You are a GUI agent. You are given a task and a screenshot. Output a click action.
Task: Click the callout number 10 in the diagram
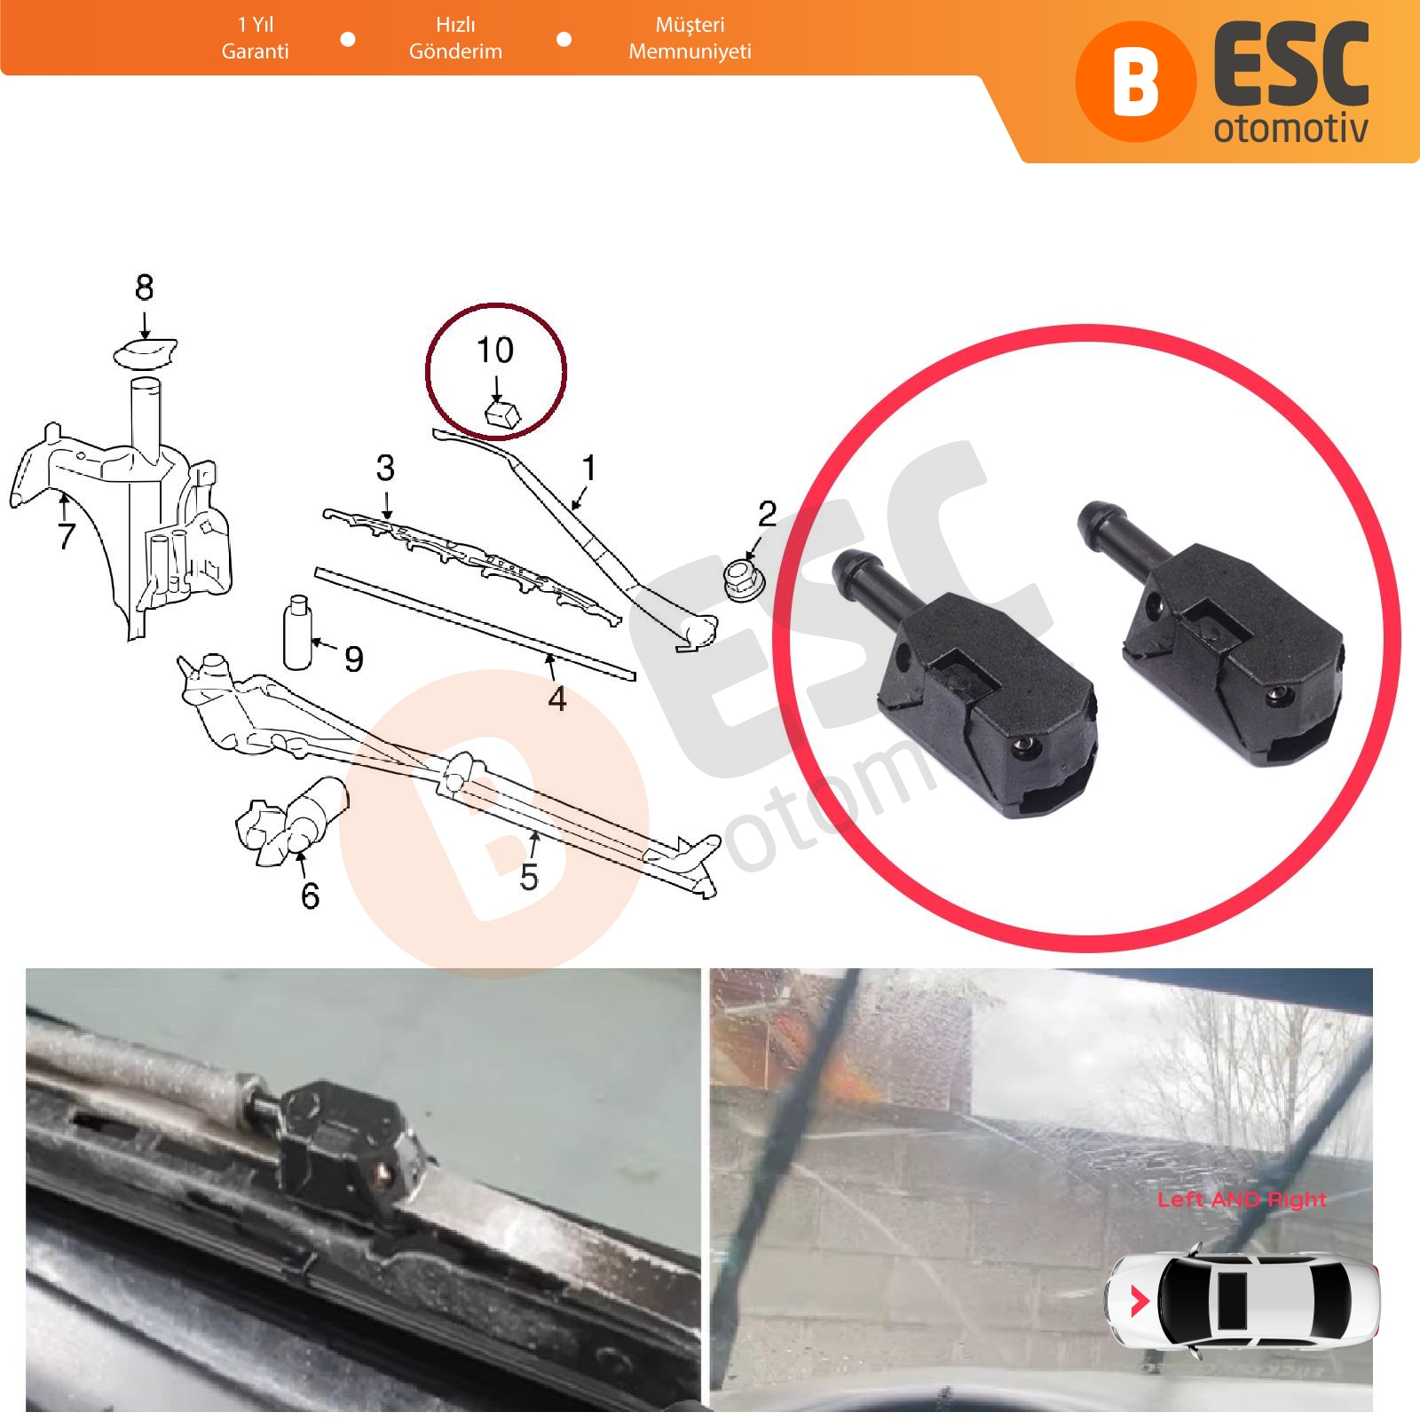pos(495,351)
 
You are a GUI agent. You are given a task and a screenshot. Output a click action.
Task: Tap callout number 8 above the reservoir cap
pos(144,288)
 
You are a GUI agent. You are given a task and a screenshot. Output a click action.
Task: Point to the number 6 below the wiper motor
pos(310,895)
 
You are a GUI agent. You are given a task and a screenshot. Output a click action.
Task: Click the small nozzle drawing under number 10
pos(501,412)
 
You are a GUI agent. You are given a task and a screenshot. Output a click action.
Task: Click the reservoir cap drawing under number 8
pos(146,355)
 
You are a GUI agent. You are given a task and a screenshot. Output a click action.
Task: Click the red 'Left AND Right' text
pos(1242,1200)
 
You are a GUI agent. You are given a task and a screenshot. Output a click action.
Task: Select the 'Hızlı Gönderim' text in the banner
pos(455,38)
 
